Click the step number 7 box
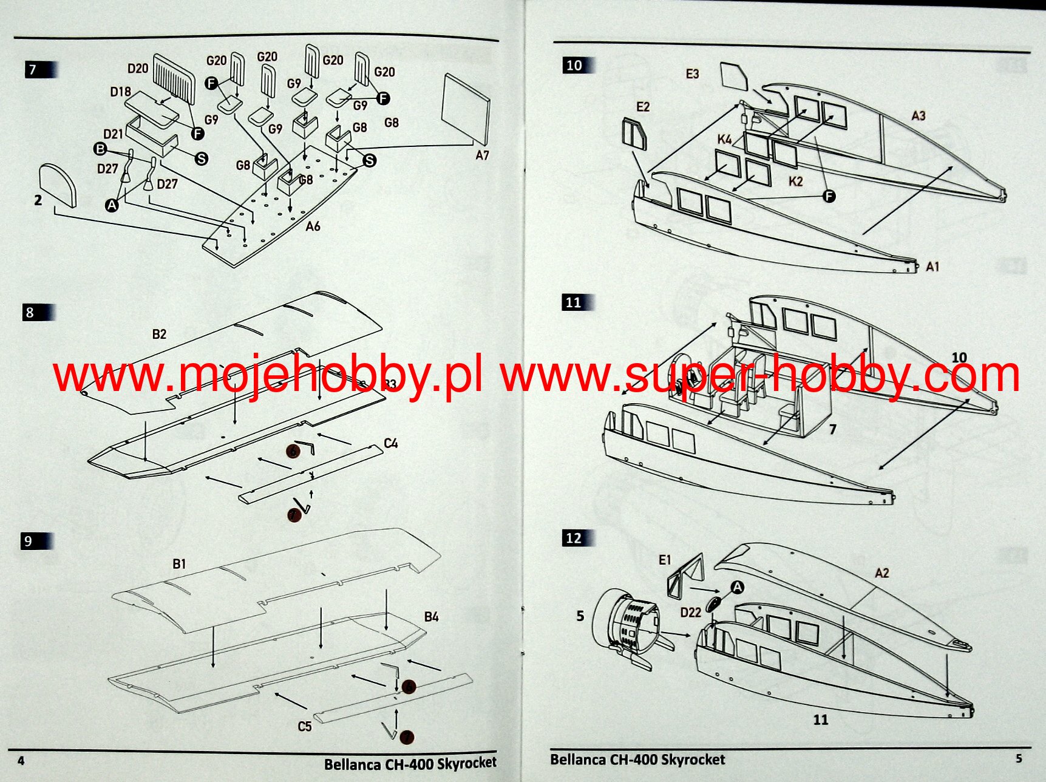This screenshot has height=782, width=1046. [x=33, y=70]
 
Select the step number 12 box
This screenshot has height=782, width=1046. [x=574, y=539]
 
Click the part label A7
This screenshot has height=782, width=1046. [x=482, y=155]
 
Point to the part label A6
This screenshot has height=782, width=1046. [x=313, y=226]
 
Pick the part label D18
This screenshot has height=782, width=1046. [x=120, y=92]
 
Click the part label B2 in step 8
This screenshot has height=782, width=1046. [x=159, y=334]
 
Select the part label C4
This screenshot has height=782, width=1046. [x=391, y=444]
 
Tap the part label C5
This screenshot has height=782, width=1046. [x=305, y=726]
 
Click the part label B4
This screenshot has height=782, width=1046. [x=431, y=617]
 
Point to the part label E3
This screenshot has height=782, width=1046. [x=692, y=74]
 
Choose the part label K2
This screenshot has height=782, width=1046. [x=795, y=182]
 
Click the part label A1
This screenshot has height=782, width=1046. [x=932, y=267]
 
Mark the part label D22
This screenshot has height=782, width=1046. [x=691, y=613]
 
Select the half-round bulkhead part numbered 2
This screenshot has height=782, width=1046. [x=58, y=185]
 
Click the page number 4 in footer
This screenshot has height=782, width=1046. [x=21, y=761]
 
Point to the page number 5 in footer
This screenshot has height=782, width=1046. [x=1019, y=758]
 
